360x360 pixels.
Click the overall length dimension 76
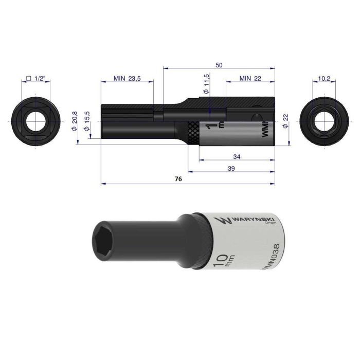178,179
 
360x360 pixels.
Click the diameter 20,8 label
75,121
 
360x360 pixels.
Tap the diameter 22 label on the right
286,124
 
